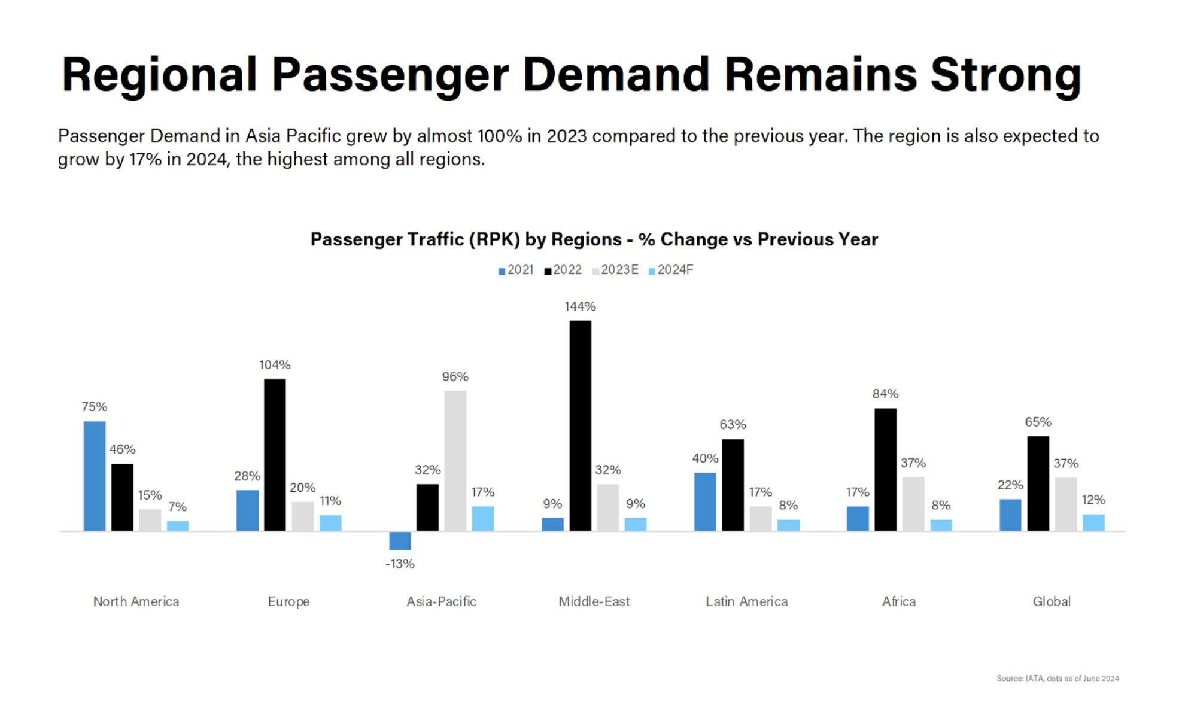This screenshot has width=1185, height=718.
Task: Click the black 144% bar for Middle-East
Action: tap(580, 426)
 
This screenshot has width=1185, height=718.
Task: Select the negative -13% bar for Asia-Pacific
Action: tap(400, 541)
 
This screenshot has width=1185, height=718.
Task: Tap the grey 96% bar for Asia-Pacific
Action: tap(455, 461)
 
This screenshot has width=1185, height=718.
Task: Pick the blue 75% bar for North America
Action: tap(95, 476)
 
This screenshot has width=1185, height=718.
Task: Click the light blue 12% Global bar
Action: tap(1093, 522)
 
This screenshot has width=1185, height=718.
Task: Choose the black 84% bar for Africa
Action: tap(885, 470)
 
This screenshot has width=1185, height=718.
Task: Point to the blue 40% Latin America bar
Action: tap(705, 501)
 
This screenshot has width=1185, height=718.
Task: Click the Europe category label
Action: tap(288, 601)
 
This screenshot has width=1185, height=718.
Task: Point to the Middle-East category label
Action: tap(594, 601)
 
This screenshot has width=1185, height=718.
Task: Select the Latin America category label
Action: tap(746, 601)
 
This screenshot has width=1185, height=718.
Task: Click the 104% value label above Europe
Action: tap(275, 365)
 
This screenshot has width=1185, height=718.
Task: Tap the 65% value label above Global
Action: tap(1038, 422)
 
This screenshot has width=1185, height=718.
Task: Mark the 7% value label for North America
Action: tap(177, 507)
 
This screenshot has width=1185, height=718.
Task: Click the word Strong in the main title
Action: tap(1005, 75)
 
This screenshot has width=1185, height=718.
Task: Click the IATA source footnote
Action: tap(1058, 678)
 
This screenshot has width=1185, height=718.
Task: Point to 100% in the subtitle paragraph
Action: tap(500, 136)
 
